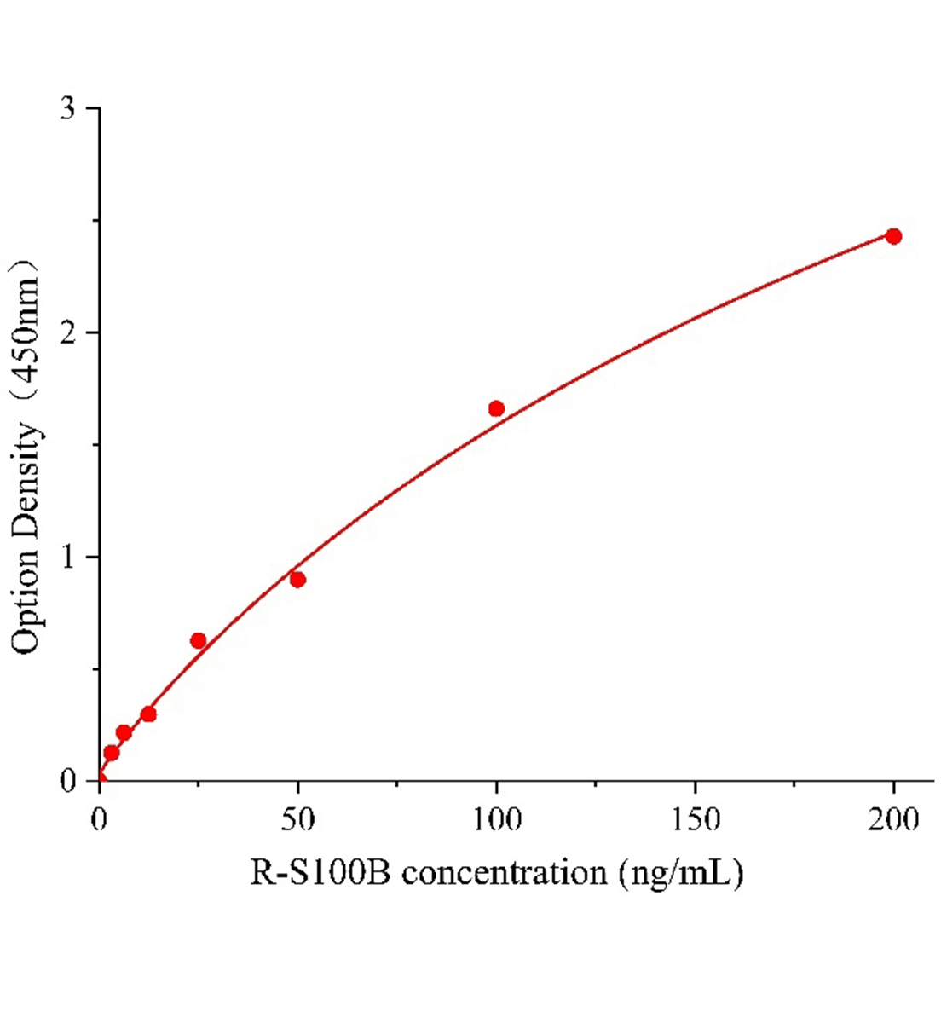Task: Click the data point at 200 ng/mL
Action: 893,236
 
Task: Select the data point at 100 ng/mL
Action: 496,408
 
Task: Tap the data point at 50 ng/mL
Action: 297,580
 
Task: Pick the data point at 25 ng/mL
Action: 198,640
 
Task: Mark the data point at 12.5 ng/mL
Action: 148,714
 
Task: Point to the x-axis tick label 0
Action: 99,820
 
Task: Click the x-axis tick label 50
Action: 297,820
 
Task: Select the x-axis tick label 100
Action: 496,820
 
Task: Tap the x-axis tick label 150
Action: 695,820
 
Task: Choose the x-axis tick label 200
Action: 893,820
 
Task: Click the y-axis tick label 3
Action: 68,109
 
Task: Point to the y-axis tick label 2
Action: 68,333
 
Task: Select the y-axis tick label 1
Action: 68,558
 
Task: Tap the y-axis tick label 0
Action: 68,782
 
